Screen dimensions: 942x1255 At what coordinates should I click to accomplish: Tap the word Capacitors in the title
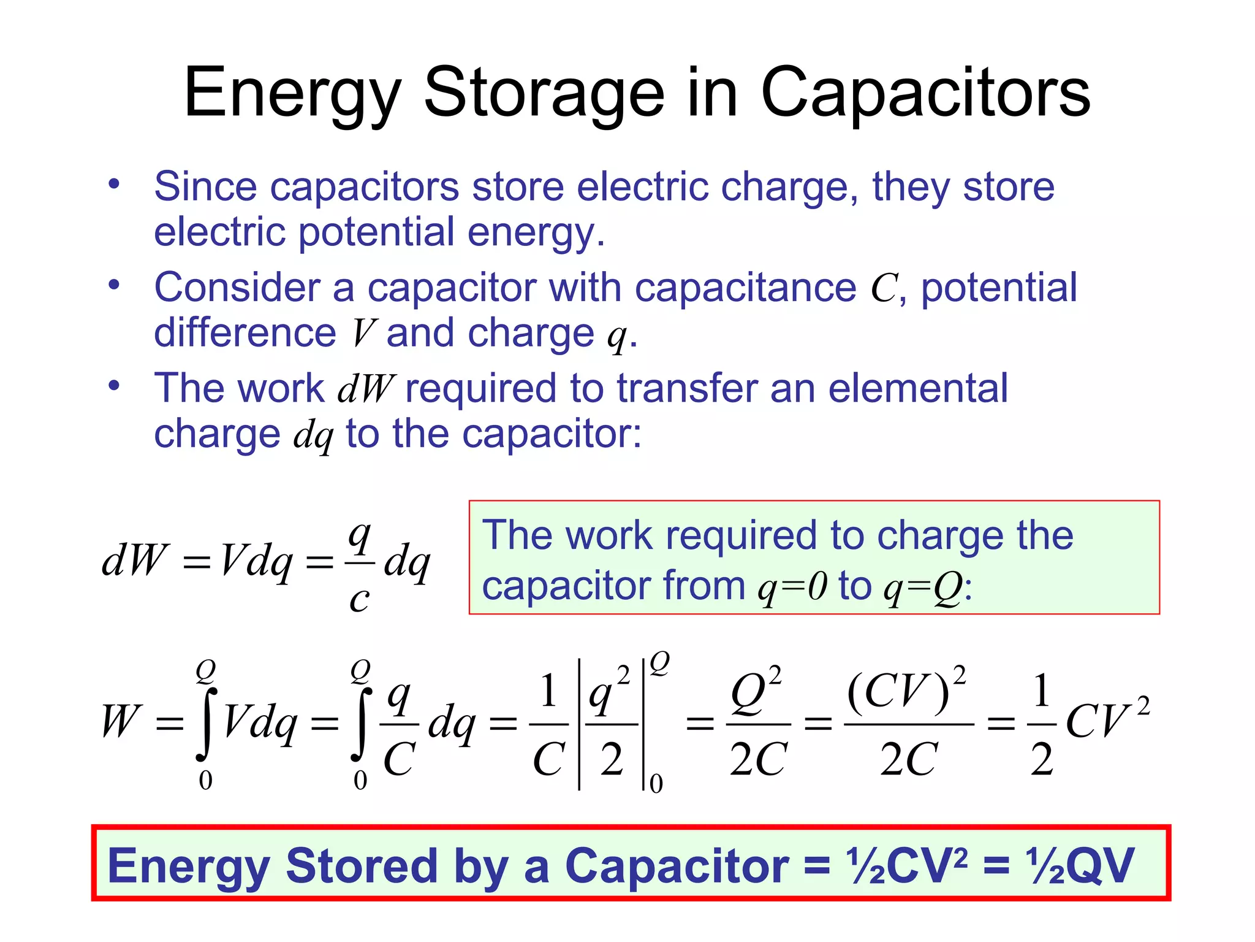(925, 93)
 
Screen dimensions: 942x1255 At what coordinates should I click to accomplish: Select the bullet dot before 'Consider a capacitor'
(114, 285)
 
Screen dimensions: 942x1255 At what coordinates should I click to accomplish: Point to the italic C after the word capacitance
(884, 288)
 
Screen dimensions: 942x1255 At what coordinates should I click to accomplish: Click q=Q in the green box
(923, 587)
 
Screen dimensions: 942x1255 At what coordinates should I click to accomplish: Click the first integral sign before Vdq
(207, 724)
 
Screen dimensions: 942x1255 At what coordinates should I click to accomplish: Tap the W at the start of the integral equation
(121, 721)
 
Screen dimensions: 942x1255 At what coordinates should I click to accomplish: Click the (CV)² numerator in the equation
(906, 690)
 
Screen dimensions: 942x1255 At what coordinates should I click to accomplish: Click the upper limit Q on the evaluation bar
(659, 663)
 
